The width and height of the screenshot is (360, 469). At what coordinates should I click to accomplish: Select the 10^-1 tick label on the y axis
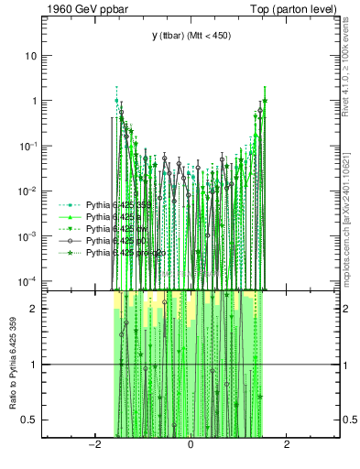pyautogui.click(x=29, y=145)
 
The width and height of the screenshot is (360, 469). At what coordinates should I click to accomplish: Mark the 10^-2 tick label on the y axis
pyautogui.click(x=29, y=190)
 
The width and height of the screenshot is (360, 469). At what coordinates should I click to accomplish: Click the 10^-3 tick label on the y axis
pyautogui.click(x=29, y=234)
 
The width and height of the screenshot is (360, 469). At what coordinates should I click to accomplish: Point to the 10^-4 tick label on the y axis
pyautogui.click(x=29, y=279)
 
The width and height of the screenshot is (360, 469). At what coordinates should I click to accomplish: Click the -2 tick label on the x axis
pyautogui.click(x=93, y=445)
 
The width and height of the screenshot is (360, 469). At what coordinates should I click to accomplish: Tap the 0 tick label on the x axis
pyautogui.click(x=190, y=445)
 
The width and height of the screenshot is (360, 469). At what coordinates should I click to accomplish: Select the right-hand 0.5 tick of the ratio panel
pyautogui.click(x=349, y=420)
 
